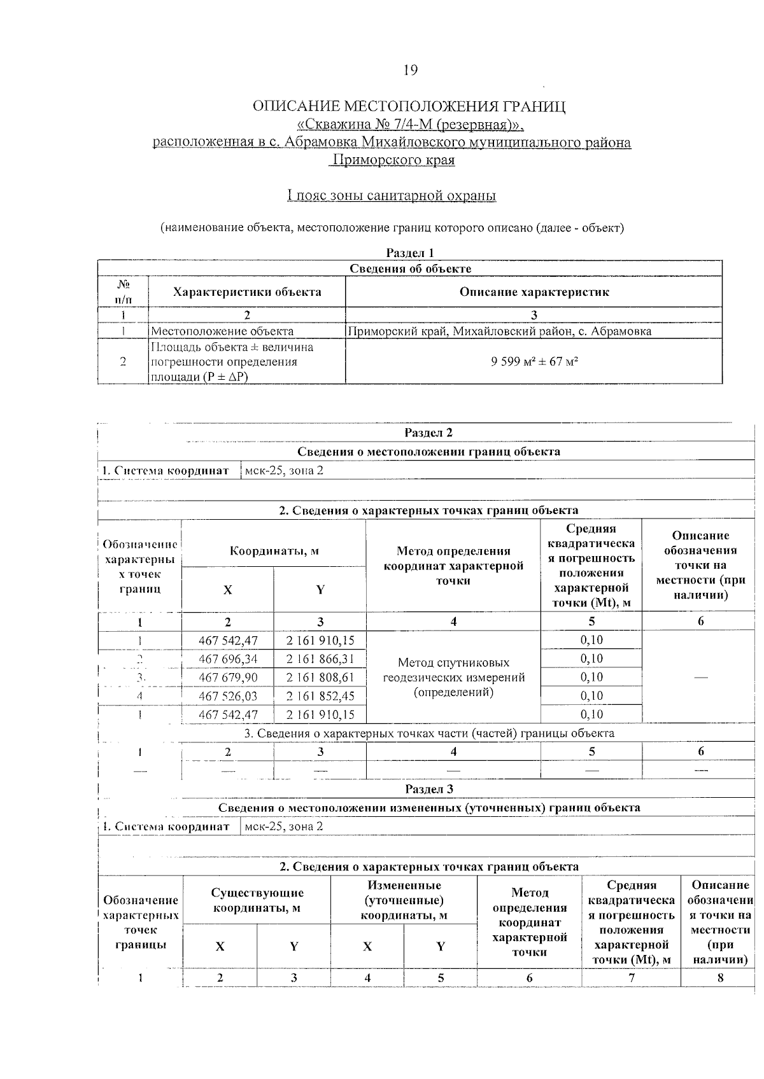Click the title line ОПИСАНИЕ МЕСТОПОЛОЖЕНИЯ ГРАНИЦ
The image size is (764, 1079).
(409, 106)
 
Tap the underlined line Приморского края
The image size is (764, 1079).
(392, 160)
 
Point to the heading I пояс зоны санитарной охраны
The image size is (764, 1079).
(392, 195)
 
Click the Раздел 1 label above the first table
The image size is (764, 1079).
(410, 253)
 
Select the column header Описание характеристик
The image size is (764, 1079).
(534, 292)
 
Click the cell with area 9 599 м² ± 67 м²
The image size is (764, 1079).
(534, 361)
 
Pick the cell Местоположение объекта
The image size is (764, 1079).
(222, 331)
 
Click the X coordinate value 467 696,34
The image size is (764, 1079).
(228, 658)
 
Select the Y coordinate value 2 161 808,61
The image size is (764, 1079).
(320, 677)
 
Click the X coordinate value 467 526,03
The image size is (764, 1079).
(228, 695)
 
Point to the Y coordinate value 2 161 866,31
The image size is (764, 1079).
(320, 658)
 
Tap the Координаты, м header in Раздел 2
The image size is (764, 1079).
(274, 551)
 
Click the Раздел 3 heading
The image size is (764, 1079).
(428, 789)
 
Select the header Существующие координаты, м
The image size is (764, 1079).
(257, 900)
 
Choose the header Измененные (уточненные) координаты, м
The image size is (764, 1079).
(404, 900)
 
